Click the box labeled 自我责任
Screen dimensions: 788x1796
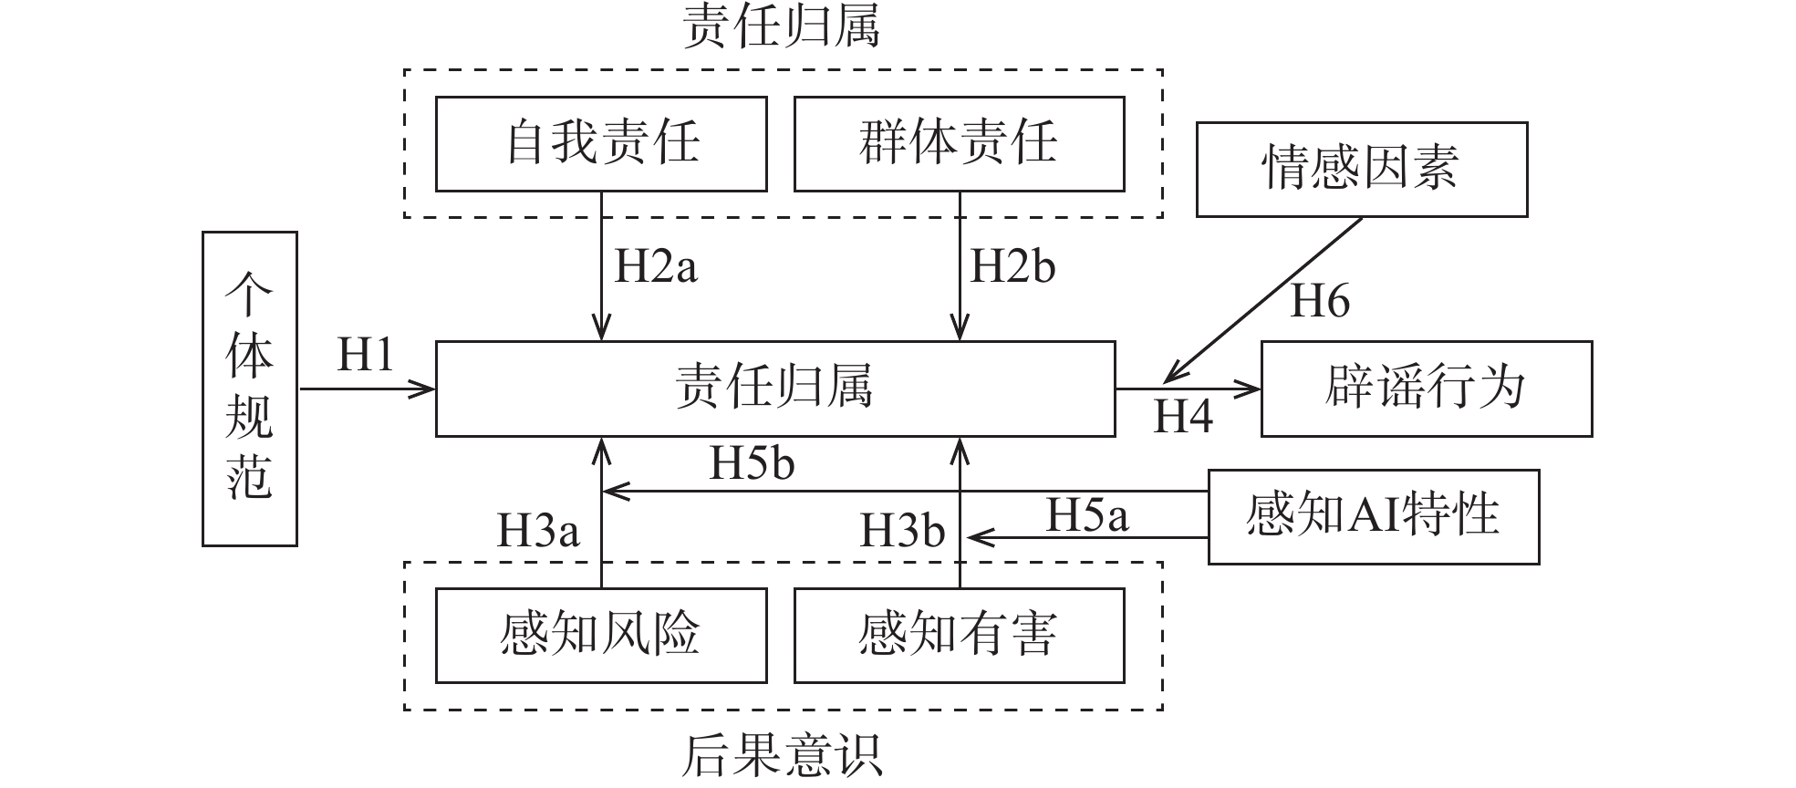point(600,144)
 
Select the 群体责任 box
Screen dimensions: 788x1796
point(959,144)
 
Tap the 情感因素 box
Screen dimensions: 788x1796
point(1361,170)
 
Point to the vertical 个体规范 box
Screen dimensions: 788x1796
point(249,389)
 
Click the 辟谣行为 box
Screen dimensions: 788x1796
point(1426,389)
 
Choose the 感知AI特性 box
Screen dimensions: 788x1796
point(1373,516)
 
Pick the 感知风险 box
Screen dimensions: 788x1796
point(600,636)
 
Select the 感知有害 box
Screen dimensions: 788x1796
point(959,636)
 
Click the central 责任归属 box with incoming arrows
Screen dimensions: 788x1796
point(774,389)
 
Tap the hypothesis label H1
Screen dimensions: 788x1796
point(365,354)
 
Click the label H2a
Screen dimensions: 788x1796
point(656,266)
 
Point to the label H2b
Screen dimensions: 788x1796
point(1012,266)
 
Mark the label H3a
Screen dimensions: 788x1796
point(537,530)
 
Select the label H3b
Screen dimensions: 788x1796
point(901,530)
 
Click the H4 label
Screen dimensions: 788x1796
point(1183,417)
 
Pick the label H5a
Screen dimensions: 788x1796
point(1085,514)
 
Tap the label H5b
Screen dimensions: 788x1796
point(752,463)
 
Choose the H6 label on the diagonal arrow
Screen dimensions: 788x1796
point(1319,300)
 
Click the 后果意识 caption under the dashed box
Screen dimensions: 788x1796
point(782,755)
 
